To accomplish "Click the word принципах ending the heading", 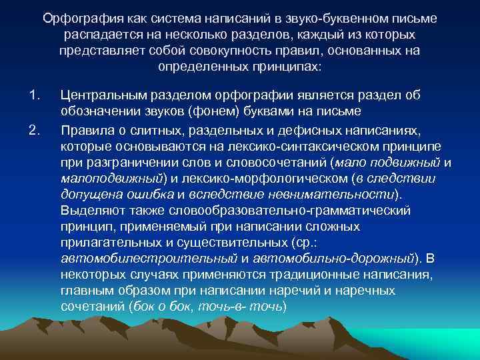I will tap(287, 67).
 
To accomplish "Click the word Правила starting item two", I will tap(83, 129).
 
